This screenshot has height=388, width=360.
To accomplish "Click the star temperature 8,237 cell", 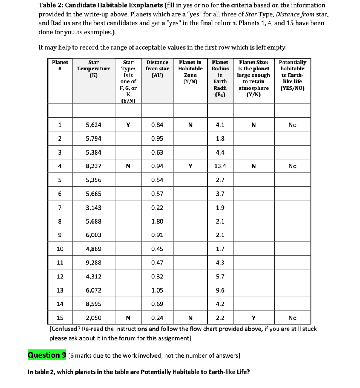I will (x=94, y=166).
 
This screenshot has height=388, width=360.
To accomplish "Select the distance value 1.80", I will (x=157, y=221).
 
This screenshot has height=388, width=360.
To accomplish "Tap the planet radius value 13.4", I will (x=220, y=166).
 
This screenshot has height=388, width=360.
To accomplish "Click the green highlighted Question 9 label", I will (x=47, y=355).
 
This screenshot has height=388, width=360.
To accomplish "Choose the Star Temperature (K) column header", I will (x=94, y=69).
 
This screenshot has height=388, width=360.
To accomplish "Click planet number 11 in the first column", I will (x=60, y=263).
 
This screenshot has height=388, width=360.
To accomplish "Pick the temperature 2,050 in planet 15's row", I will (x=94, y=318).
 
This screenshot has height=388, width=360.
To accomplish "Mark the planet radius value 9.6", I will (x=220, y=290).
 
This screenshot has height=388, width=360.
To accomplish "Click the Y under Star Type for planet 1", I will (x=128, y=125).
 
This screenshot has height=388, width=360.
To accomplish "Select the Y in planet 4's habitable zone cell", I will (x=190, y=166).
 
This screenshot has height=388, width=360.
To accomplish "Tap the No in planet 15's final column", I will (x=292, y=318).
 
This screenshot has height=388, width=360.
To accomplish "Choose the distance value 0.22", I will (x=157, y=208).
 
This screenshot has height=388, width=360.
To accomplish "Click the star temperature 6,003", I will (x=94, y=235).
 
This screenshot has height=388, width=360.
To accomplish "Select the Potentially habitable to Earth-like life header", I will (x=292, y=75).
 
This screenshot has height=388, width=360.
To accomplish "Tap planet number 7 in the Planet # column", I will (x=60, y=208).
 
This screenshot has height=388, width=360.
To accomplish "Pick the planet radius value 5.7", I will (x=220, y=277).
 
